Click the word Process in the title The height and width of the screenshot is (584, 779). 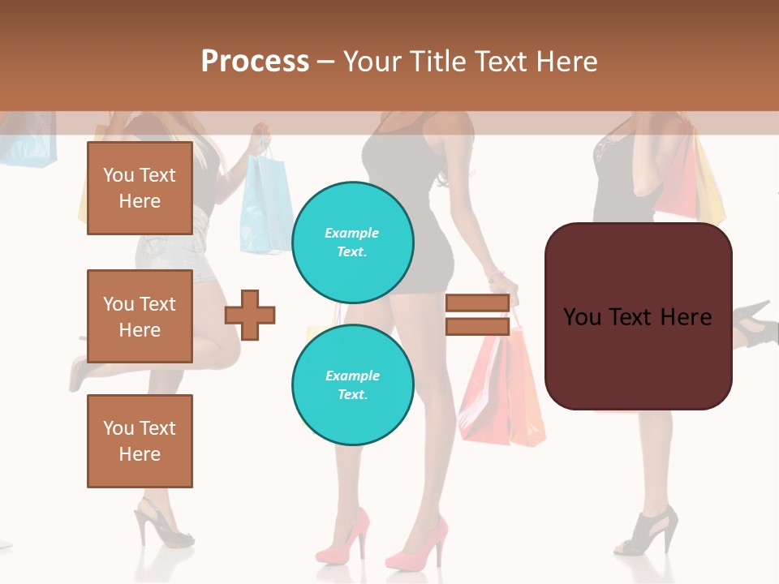255,61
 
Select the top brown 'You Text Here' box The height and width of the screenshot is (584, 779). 140,188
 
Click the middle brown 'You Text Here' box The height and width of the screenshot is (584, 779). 140,316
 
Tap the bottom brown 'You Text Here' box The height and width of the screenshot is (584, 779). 140,440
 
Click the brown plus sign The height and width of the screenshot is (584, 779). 250,315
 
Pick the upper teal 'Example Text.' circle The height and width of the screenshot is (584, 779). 353,243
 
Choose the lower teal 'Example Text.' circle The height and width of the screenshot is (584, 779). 353,385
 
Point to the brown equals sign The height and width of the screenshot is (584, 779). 477,315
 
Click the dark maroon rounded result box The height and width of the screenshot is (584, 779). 638,316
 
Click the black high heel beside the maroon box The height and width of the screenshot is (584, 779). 754,322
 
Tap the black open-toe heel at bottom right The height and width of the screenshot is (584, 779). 649,531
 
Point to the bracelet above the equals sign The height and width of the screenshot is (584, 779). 496,276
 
